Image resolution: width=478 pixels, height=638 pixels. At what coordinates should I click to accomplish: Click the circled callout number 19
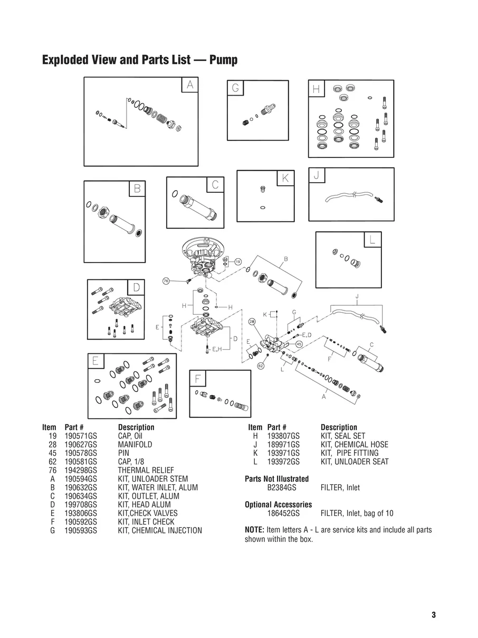(238, 262)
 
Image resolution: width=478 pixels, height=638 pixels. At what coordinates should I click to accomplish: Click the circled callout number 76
(166, 281)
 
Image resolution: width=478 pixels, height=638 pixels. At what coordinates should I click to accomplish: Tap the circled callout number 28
(252, 322)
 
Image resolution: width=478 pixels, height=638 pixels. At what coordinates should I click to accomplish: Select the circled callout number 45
(299, 344)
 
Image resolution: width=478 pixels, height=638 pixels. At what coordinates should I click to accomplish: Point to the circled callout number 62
(261, 366)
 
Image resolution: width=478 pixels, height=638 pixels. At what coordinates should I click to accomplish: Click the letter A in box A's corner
(190, 85)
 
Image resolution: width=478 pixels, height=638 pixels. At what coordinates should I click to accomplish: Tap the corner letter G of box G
(235, 88)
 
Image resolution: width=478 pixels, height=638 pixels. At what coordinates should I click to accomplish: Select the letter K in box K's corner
(285, 178)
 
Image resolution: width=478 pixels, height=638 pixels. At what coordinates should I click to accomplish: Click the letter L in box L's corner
(372, 239)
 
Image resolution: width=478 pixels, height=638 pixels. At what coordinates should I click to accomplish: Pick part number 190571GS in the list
(81, 436)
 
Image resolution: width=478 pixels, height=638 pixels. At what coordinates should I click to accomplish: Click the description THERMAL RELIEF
(146, 470)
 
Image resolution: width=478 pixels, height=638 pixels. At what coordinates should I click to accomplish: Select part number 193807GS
(283, 436)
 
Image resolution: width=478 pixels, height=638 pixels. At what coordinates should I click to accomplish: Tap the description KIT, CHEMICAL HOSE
(355, 445)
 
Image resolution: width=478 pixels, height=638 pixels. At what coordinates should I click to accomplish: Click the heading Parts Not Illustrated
(277, 478)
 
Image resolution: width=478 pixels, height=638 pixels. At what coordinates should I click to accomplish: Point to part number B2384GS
(282, 487)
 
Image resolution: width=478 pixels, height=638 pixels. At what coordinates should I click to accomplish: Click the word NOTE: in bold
(254, 530)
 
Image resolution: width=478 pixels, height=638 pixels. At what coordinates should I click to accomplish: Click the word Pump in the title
(224, 60)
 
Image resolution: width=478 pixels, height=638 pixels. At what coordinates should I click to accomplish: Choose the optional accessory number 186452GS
(283, 513)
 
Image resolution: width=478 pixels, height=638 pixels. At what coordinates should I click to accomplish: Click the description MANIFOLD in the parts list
(135, 445)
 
